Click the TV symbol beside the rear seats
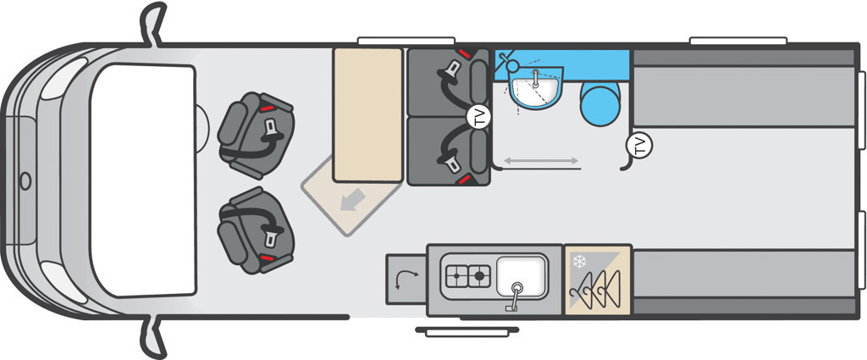tap(479, 117)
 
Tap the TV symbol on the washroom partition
tap(639, 146)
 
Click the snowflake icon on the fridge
tap(579, 261)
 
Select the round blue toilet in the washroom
tap(599, 105)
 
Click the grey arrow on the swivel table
tap(352, 199)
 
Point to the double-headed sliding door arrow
tap(541, 160)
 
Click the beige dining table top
tap(367, 114)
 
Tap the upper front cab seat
tap(256, 135)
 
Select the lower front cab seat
tap(256, 230)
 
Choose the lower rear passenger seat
tap(449, 151)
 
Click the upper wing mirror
tap(153, 23)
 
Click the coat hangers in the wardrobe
tap(598, 291)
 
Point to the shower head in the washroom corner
tap(510, 62)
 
